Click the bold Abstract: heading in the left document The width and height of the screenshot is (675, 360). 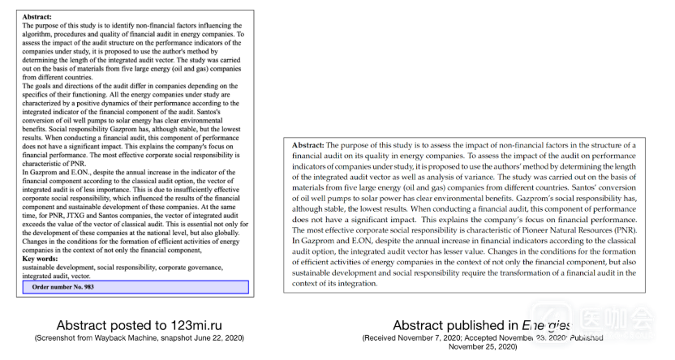click(x=37, y=16)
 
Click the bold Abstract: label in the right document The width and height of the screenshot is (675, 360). click(x=311, y=144)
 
